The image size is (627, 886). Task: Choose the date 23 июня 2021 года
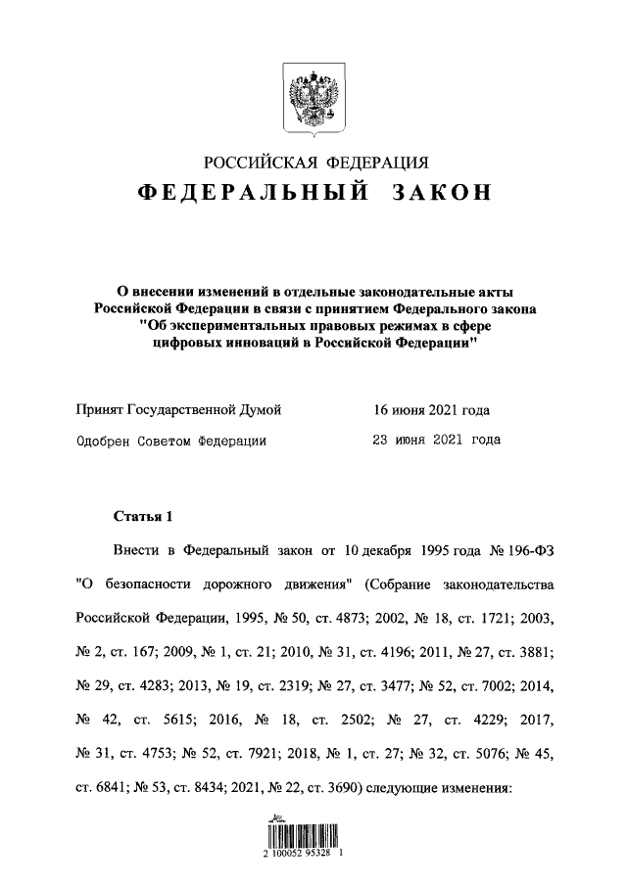430,440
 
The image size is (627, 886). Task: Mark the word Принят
102,410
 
